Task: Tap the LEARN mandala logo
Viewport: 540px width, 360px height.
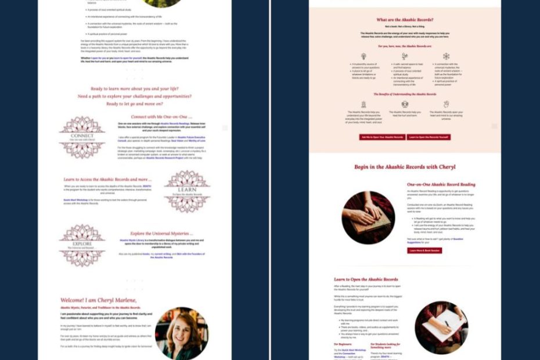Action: click(187, 191)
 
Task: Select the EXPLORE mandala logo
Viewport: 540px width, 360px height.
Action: click(82, 246)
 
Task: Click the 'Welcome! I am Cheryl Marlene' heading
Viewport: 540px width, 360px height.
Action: click(99, 300)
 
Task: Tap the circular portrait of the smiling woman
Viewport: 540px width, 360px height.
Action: click(181, 333)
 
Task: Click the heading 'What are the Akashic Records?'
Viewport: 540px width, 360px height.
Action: click(405, 20)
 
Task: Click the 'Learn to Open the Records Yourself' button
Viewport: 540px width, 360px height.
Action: click(429, 137)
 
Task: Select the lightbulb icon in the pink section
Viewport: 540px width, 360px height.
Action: click(363, 56)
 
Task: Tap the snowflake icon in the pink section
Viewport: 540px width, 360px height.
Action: click(446, 56)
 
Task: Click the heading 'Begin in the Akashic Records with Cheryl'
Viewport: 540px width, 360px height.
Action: click(405, 167)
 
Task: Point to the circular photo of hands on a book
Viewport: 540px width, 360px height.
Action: click(368, 217)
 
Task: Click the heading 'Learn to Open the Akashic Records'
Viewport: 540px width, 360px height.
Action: click(366, 279)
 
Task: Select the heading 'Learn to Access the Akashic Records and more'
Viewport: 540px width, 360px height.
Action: click(108, 179)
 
